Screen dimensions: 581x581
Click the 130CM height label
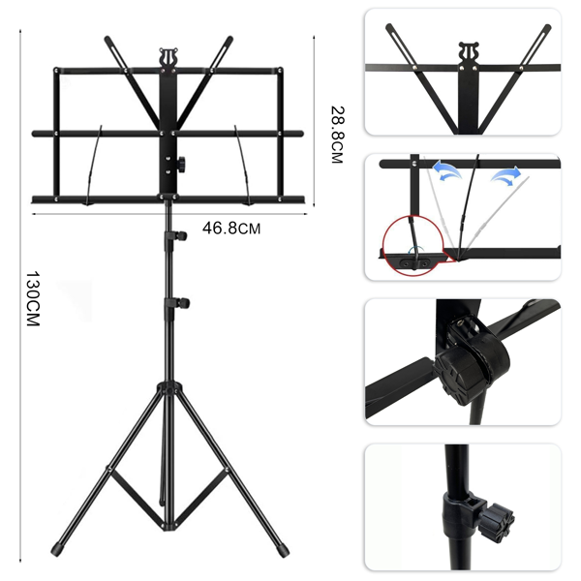point(33,298)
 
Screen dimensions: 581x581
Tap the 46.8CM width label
point(231,228)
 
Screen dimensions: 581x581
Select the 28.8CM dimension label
point(337,135)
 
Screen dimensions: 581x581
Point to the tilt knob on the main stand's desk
point(181,164)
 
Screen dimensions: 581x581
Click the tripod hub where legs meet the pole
point(168,390)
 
